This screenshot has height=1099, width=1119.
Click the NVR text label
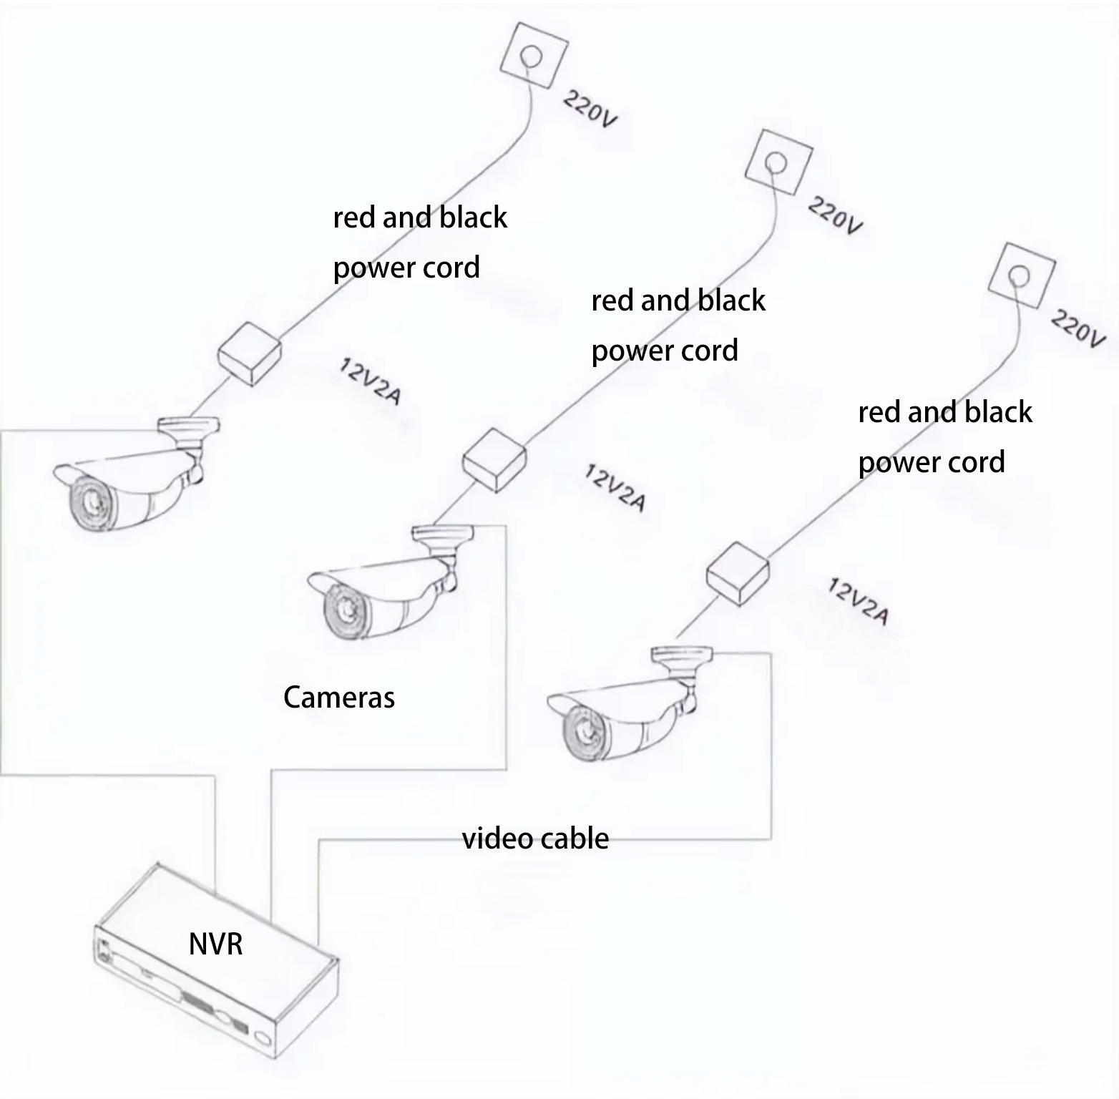(x=215, y=944)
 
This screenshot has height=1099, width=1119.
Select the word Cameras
(x=338, y=698)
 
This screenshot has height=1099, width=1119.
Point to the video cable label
(x=535, y=839)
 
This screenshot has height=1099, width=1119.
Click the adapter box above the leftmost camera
(x=248, y=353)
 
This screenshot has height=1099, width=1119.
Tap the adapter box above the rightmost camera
(x=738, y=572)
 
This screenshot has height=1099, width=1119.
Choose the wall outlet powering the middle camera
(x=778, y=164)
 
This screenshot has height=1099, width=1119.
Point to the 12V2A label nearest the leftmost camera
(x=369, y=382)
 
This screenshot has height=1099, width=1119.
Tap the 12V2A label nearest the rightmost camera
(x=858, y=602)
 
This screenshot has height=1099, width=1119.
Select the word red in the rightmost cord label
(x=879, y=413)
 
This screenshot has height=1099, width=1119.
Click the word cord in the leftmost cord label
(x=451, y=268)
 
